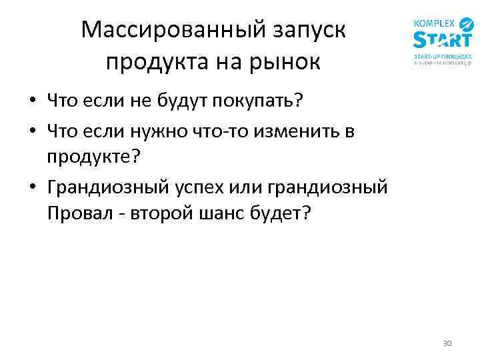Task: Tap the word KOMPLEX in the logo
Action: [435, 23]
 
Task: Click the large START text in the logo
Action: [442, 40]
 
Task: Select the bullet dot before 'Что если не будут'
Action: [32, 102]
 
